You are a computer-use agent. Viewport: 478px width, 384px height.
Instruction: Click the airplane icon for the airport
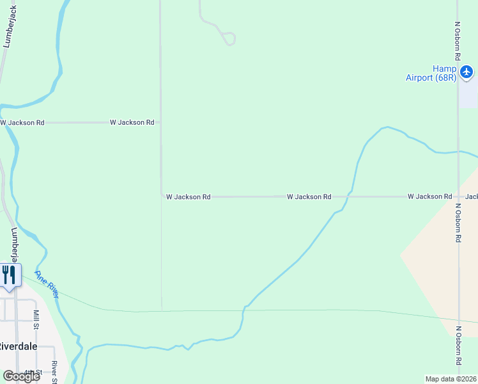pyautogui.click(x=466, y=71)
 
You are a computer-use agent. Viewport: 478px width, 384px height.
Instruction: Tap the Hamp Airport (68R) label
pyautogui.click(x=431, y=74)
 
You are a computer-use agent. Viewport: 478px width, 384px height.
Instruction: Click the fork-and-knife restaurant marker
pyautogui.click(x=9, y=275)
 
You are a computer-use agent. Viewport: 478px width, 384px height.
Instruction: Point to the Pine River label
pyautogui.click(x=47, y=284)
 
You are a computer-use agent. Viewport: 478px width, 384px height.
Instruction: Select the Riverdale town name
pyautogui.click(x=17, y=346)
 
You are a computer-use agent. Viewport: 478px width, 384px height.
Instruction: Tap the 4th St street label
pyautogui.click(x=33, y=372)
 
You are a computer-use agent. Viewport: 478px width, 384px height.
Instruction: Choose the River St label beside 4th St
pyautogui.click(x=55, y=372)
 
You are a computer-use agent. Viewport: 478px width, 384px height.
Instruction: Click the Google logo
pyautogui.click(x=21, y=376)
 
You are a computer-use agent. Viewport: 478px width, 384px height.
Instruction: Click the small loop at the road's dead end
pyautogui.click(x=230, y=38)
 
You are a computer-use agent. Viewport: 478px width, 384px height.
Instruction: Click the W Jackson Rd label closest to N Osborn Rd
pyautogui.click(x=430, y=196)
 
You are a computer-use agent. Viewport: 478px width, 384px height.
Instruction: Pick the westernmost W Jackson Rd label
pyautogui.click(x=22, y=122)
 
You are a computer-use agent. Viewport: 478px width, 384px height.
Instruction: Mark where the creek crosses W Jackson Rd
pyautogui.click(x=348, y=196)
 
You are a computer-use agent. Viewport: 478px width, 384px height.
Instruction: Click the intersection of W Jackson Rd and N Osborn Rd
pyautogui.click(x=458, y=196)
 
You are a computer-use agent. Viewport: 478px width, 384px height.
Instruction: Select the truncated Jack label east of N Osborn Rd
pyautogui.click(x=472, y=196)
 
